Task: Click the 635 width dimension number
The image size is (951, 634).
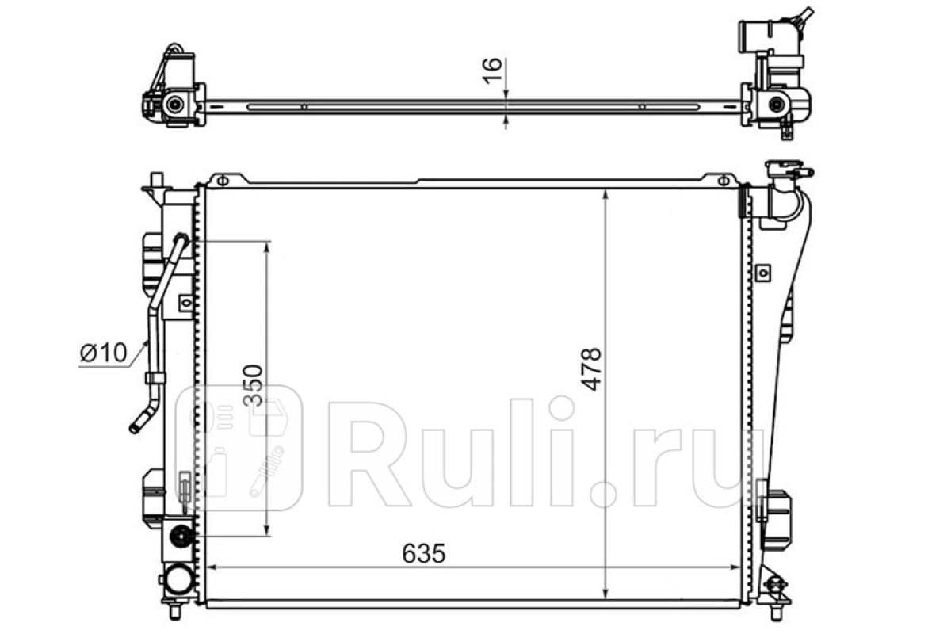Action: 424,553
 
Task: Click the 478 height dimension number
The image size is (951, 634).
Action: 591,369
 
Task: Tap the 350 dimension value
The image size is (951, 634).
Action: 254,384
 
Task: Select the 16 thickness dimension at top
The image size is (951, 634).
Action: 492,71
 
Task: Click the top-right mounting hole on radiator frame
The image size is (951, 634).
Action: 723,181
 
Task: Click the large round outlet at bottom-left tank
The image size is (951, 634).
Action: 178,579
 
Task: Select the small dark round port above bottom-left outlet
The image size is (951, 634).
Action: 181,537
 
